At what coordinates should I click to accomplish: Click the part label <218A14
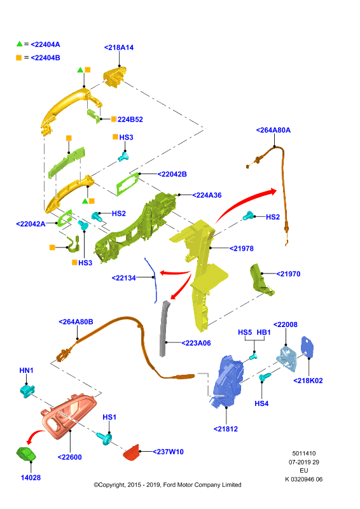[x=119, y=47]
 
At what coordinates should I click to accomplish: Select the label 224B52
[x=130, y=120]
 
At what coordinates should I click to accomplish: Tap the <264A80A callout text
[x=273, y=130]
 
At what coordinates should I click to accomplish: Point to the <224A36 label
[x=207, y=195]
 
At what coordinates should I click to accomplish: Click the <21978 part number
[x=242, y=248]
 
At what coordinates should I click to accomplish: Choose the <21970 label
[x=288, y=274]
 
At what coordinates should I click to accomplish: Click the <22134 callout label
[x=123, y=278]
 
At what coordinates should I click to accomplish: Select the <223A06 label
[x=196, y=343]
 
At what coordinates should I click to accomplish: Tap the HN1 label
[x=26, y=370]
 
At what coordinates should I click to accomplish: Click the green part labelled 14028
[x=26, y=454]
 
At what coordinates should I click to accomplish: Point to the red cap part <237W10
[x=132, y=452]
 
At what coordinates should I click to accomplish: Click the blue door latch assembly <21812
[x=226, y=381]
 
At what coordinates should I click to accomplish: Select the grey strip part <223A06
[x=164, y=328]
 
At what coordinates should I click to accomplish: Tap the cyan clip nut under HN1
[x=27, y=391]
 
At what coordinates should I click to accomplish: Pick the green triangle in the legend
[x=20, y=43]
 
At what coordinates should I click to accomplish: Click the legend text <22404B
[x=45, y=58]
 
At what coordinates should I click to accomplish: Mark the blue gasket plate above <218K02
[x=307, y=347]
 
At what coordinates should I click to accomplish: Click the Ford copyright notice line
[x=167, y=485]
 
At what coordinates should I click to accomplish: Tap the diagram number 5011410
[x=304, y=454]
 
